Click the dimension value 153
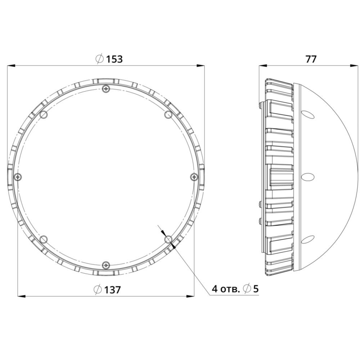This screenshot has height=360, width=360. (114, 59)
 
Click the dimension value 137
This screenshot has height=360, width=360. (112, 290)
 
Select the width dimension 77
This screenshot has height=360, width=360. (311, 59)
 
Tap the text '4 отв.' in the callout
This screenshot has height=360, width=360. (226, 289)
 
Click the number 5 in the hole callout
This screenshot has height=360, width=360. (256, 289)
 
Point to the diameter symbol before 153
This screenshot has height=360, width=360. (99, 59)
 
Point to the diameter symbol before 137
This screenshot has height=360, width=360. (98, 290)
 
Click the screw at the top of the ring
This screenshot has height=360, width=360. (105, 89)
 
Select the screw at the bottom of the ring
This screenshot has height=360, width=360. (105, 265)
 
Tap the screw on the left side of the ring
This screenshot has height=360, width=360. (18, 177)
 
